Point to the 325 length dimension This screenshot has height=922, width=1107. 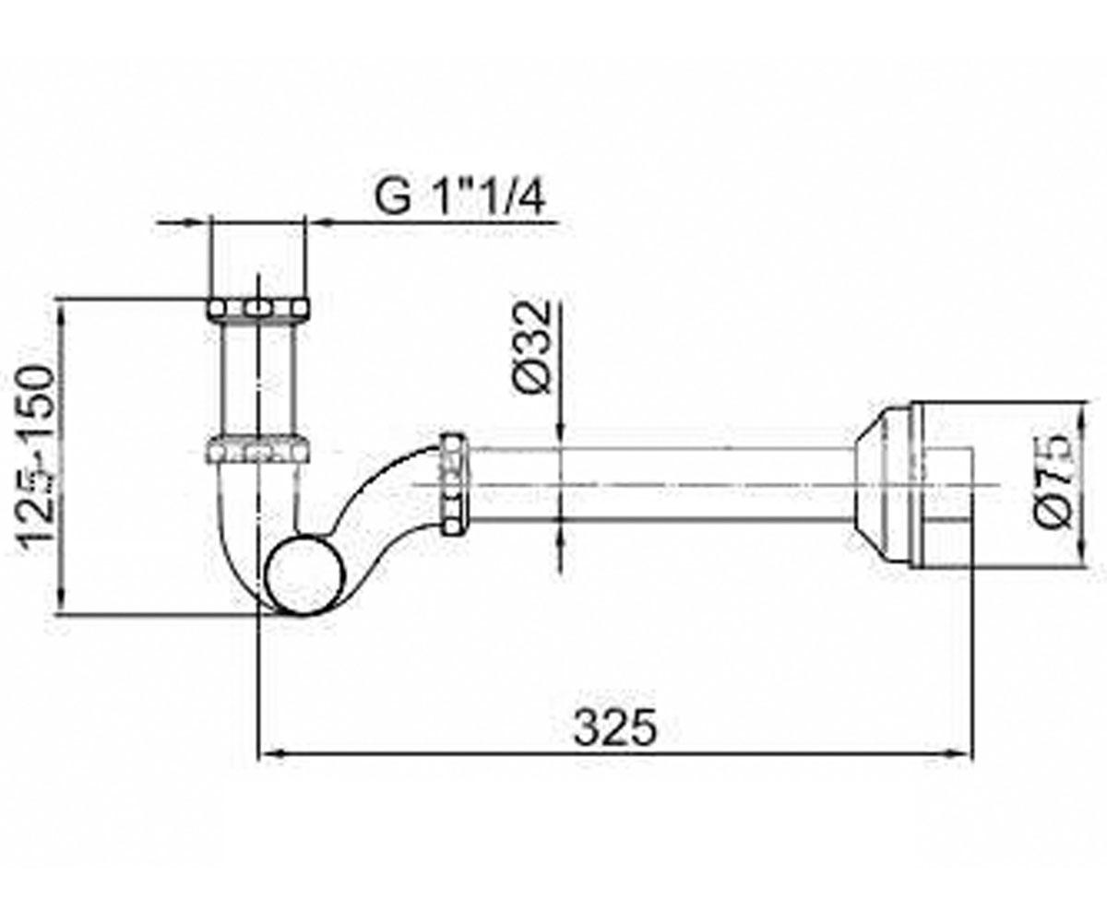pyautogui.click(x=615, y=727)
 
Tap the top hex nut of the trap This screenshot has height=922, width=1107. pyautogui.click(x=257, y=310)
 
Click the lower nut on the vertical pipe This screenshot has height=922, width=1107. pyautogui.click(x=257, y=448)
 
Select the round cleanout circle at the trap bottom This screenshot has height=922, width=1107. pyautogui.click(x=306, y=575)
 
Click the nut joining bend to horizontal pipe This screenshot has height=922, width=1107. pyautogui.click(x=453, y=483)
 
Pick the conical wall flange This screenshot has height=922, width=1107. pyautogui.click(x=882, y=485)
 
